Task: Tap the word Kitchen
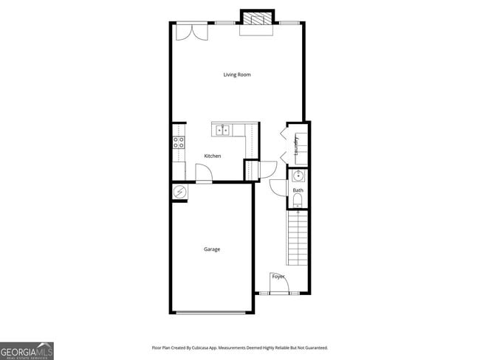(213, 156)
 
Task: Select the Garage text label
(212, 249)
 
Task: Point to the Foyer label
(278, 276)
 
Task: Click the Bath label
(298, 190)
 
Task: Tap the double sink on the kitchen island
(222, 131)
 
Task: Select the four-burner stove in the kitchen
(179, 142)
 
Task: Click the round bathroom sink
(298, 176)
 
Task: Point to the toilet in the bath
(298, 200)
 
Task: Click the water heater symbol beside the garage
(179, 191)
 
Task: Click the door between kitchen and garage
(204, 174)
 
